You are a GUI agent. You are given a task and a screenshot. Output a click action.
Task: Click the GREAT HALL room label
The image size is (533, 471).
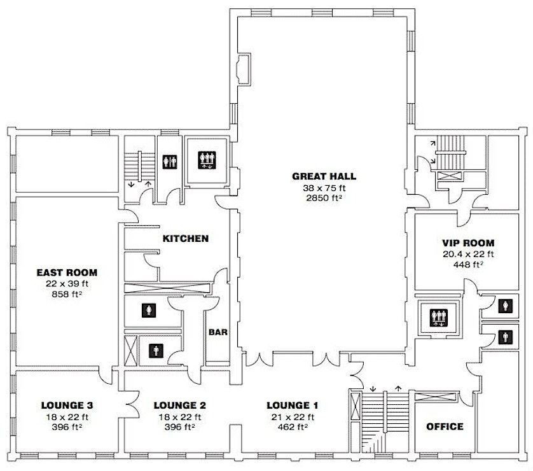pos(324,176)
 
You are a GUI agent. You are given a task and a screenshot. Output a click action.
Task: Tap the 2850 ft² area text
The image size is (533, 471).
pos(324,198)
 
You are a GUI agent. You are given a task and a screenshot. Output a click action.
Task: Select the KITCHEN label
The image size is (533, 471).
pos(186,239)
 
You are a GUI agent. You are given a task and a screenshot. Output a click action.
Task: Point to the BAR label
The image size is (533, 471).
pos(218,332)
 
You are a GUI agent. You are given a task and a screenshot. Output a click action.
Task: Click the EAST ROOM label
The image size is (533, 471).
pos(67,272)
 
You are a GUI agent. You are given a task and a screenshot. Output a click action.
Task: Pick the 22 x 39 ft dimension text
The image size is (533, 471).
pos(67,284)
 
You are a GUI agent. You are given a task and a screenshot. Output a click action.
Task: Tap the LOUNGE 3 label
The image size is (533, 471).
pos(67,405)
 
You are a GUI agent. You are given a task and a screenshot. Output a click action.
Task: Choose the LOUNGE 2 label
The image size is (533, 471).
pos(180,405)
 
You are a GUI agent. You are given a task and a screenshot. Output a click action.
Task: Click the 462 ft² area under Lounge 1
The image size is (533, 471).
pos(293,427)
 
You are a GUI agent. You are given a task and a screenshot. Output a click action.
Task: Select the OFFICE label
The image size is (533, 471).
pos(445,426)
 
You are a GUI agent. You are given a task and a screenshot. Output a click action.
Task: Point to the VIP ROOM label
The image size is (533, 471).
pos(468,243)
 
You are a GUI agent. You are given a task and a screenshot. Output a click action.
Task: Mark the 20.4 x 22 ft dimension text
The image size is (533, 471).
pos(468,254)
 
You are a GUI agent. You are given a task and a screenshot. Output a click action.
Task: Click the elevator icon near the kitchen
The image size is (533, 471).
pos(207,160)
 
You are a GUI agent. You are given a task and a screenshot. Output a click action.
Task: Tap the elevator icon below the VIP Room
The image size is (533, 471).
pos(438,318)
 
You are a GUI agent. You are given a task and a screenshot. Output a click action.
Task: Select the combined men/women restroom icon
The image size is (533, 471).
pos(170,162)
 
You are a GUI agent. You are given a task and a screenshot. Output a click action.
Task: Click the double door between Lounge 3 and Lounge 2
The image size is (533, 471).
pos(133,405)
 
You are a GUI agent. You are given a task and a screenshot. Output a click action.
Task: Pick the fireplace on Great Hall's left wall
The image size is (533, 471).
pos(244,69)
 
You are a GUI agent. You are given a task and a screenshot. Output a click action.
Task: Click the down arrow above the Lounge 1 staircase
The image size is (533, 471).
pos(373,388)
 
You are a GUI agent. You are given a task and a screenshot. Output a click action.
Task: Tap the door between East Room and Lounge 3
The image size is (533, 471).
pos(106,374)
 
